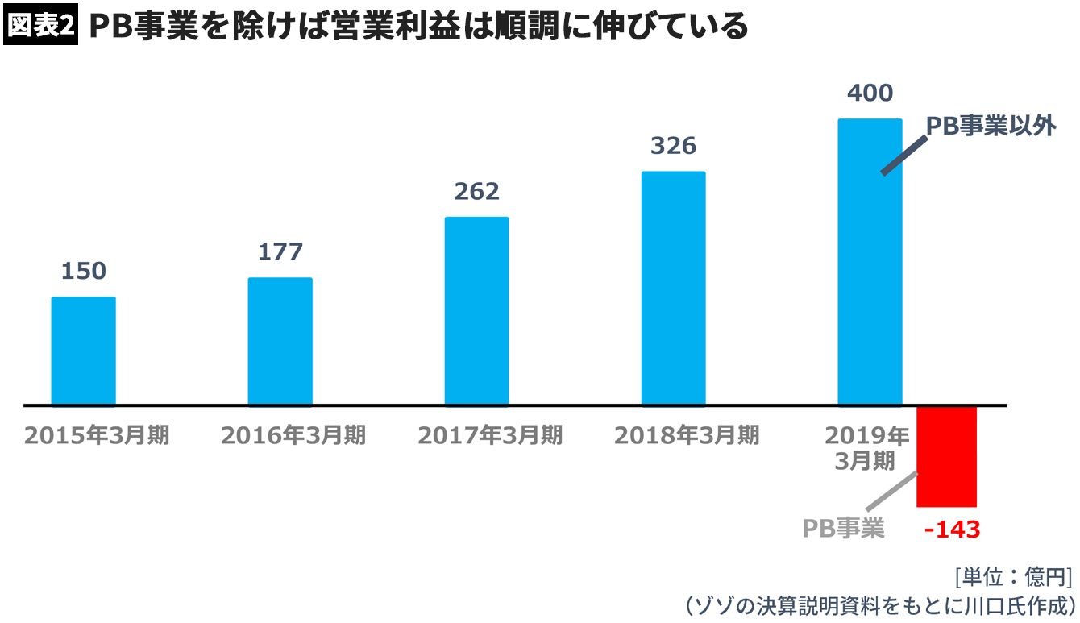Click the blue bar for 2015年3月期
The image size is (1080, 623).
coord(84,351)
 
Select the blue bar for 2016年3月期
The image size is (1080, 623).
coord(280,341)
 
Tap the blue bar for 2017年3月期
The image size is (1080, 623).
coord(476,310)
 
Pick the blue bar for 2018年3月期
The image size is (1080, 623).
coord(673,288)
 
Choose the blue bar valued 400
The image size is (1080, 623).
coord(870,262)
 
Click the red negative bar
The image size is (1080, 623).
coord(946,456)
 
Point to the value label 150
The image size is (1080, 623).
coord(84,271)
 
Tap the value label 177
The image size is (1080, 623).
coord(280,251)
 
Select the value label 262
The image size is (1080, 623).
coord(476,191)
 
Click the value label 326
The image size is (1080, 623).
coord(673,146)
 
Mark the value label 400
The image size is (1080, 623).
coord(870,93)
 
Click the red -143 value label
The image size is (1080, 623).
coord(952,530)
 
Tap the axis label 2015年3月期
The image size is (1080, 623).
coord(97,435)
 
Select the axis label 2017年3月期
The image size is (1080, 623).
coord(490,435)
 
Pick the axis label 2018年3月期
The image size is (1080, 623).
coord(687,435)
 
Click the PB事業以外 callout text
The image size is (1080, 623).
coord(991,127)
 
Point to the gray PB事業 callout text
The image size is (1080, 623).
coord(844,528)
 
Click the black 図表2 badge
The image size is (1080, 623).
coord(40,27)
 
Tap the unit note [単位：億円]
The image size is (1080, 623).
coord(1013,577)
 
